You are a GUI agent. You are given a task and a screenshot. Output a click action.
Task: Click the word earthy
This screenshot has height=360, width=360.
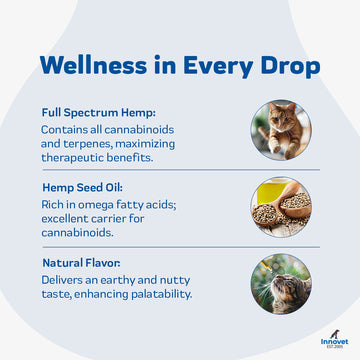[136, 280]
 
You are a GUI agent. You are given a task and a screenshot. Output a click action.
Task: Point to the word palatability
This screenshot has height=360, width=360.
[158, 294]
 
